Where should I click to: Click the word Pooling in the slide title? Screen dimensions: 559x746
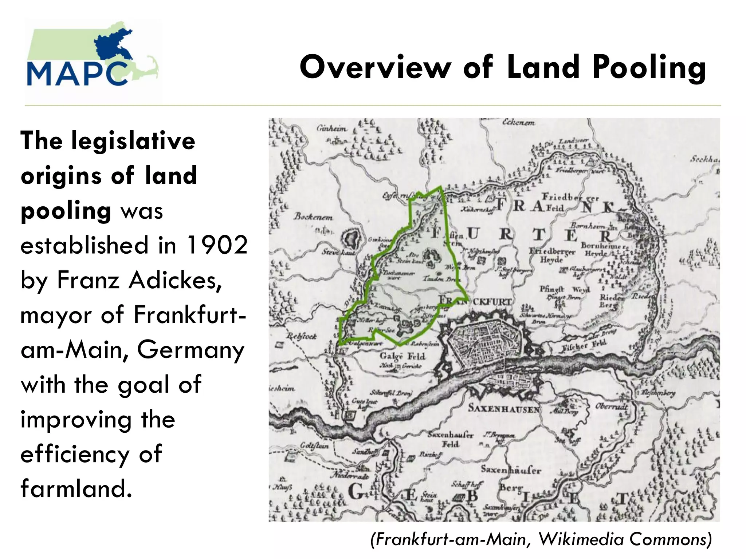[x=649, y=68]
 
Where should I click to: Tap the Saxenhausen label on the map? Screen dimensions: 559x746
[x=503, y=408]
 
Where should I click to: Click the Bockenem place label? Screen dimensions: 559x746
[x=313, y=217]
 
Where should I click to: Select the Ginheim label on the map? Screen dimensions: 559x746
[x=331, y=128]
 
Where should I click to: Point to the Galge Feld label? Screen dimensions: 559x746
[x=402, y=356]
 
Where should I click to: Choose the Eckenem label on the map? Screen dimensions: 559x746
[x=518, y=123]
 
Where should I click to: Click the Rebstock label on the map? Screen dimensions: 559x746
[x=302, y=336]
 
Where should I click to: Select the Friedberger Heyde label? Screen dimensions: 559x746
[x=552, y=255]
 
